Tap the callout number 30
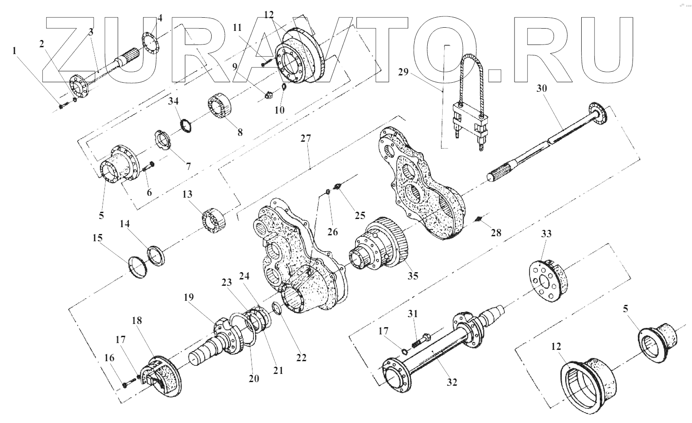[542, 89]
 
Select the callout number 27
[306, 139]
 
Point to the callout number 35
[413, 275]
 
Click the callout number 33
[546, 234]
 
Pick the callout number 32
[452, 382]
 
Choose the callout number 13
[187, 194]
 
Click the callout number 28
[496, 233]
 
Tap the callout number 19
[189, 298]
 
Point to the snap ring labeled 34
[185, 125]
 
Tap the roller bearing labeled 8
[220, 108]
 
